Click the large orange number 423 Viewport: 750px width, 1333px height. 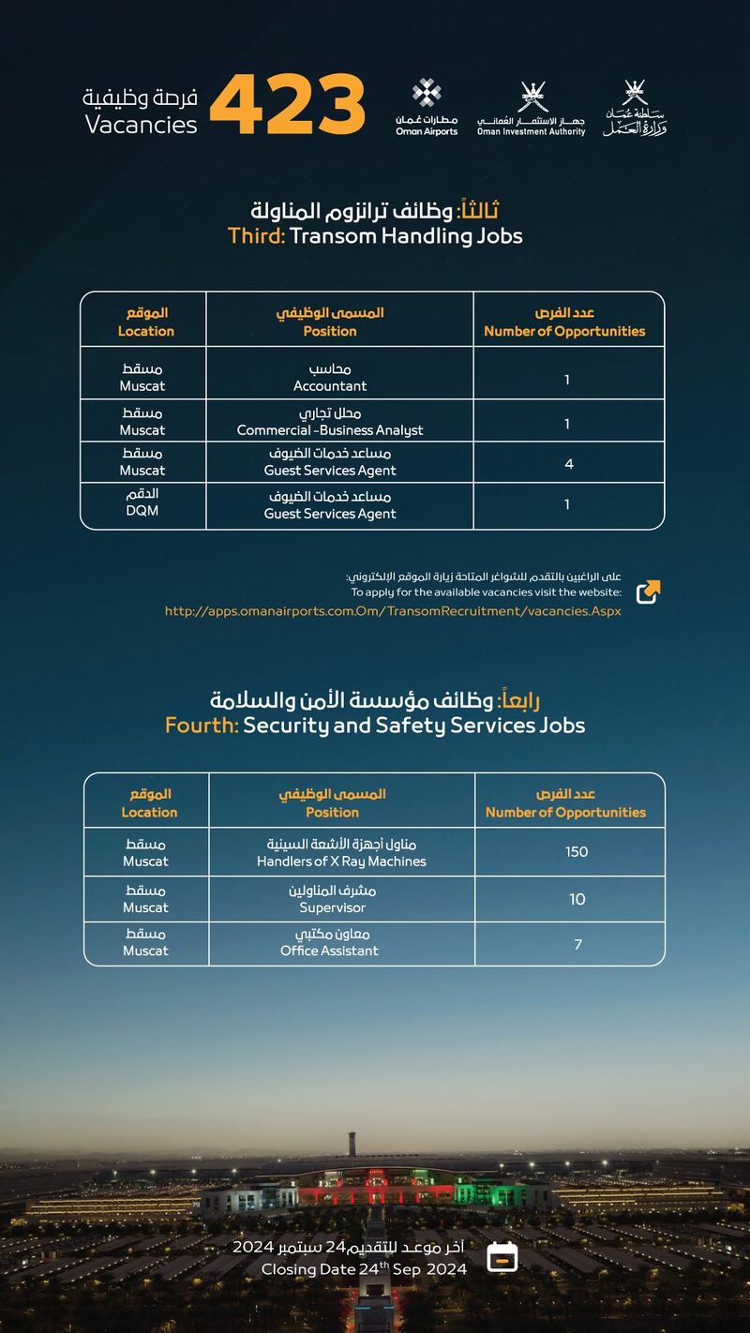point(287,103)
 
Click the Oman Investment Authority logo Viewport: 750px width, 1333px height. point(531,109)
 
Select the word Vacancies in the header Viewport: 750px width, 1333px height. point(142,125)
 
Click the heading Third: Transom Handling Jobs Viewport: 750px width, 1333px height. point(375,235)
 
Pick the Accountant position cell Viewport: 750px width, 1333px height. point(330,378)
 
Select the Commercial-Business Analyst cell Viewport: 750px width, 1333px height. point(330,422)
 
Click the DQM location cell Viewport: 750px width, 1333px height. point(142,504)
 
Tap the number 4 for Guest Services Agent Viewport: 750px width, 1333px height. point(569,464)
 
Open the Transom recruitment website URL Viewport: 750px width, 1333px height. point(393,611)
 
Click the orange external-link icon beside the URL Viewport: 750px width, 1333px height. point(648,592)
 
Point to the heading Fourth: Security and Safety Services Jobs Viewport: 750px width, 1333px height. point(375,725)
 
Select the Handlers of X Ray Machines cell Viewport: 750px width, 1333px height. point(341,852)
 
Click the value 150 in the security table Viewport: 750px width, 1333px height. point(577,852)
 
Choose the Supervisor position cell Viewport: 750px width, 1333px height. point(333,899)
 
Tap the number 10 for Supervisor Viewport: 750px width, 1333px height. point(577,900)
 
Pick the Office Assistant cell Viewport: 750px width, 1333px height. point(330,943)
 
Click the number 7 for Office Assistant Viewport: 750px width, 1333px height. point(577,944)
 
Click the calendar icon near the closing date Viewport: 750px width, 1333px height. point(503,1256)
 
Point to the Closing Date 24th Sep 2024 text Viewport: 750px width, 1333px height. point(364,1269)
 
